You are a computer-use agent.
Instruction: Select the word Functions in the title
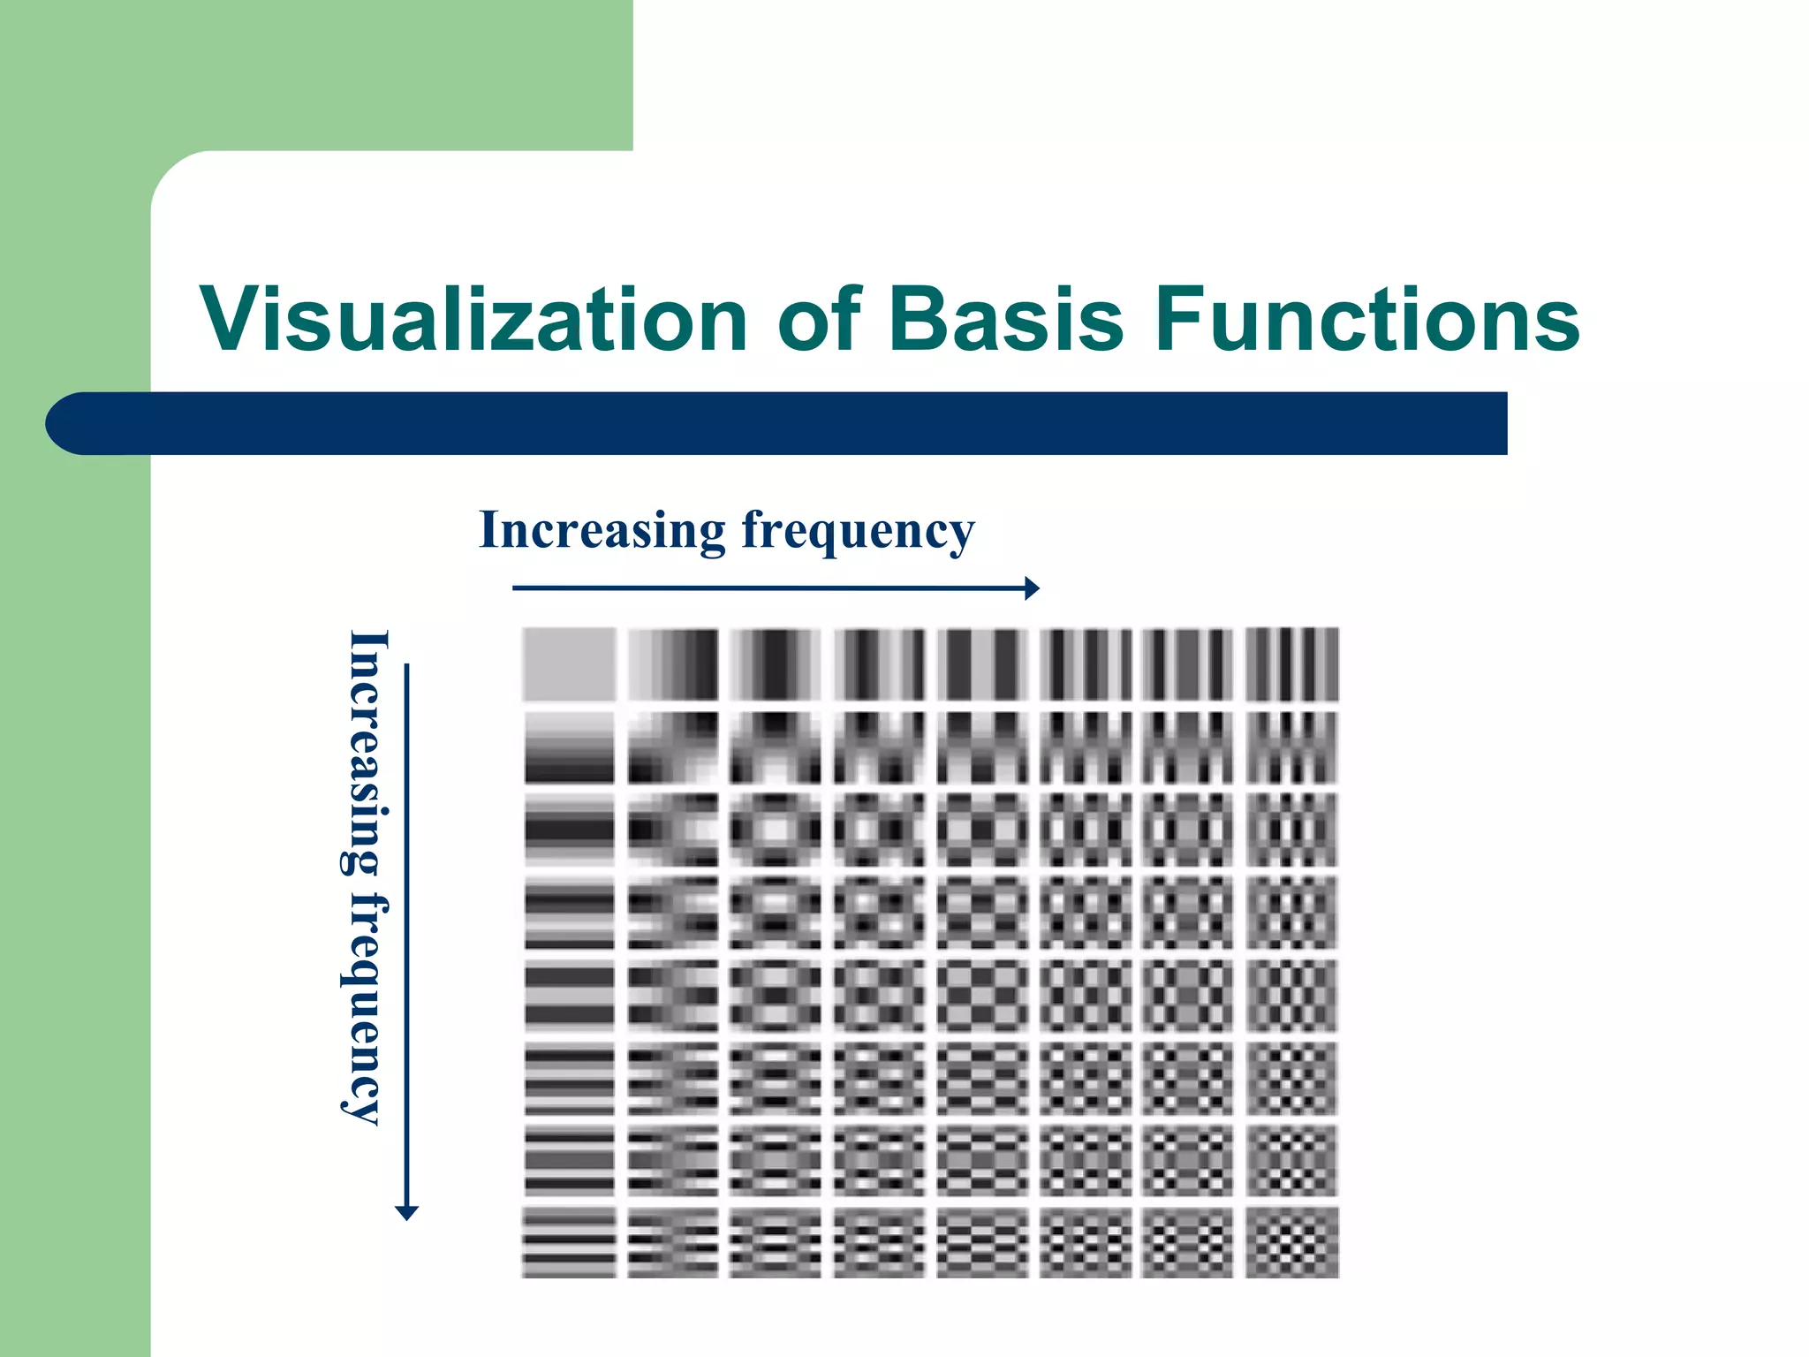1366,320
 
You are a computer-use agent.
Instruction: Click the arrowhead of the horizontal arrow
1032,588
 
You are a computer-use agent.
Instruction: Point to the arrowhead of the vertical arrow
406,1212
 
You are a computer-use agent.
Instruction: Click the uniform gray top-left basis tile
569,663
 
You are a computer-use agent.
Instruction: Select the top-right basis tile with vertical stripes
1291,663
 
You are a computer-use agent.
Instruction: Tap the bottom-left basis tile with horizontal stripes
569,1242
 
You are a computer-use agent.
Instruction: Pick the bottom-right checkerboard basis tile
1291,1242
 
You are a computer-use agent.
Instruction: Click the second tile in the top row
673,663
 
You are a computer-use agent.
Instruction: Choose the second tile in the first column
569,747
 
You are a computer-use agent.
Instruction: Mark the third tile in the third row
776,830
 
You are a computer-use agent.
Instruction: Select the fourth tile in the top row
879,663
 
